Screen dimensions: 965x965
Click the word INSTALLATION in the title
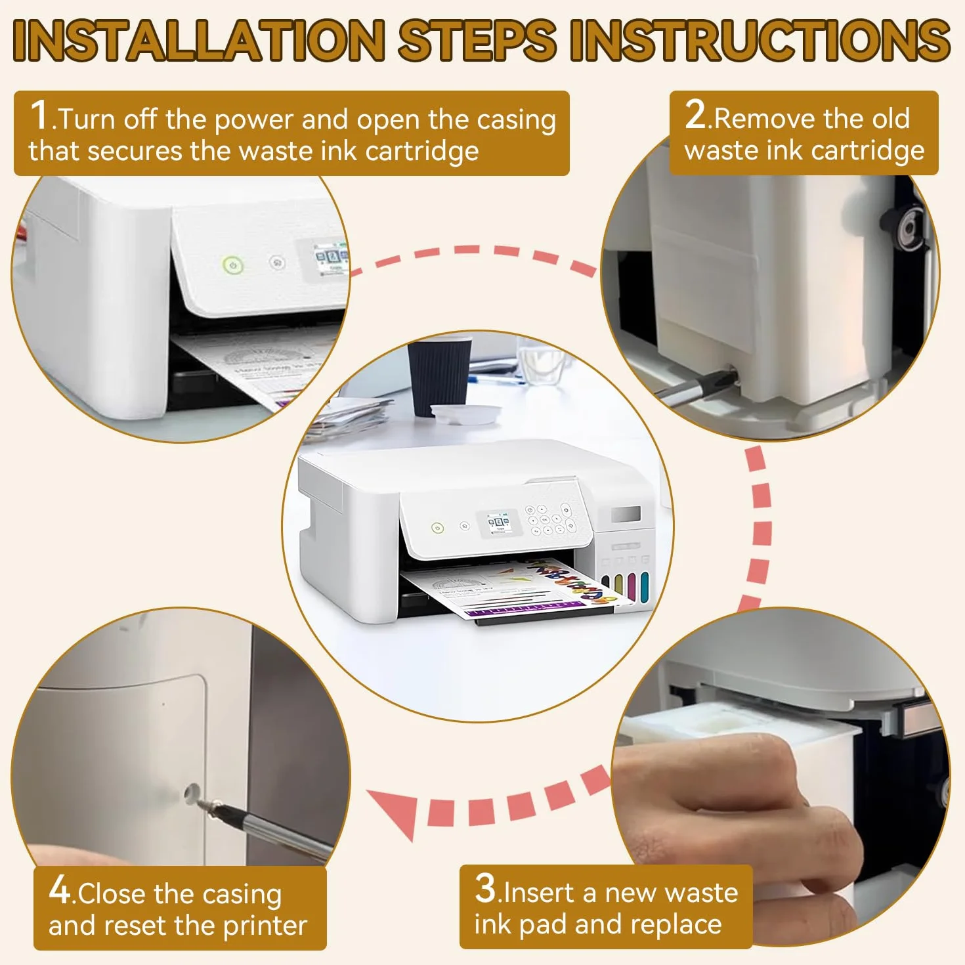click(x=198, y=40)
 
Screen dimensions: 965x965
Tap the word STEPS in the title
click(x=477, y=40)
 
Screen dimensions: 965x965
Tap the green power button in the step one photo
click(x=232, y=265)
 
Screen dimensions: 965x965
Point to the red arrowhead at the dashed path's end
click(x=396, y=807)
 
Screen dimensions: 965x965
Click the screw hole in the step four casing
click(x=191, y=793)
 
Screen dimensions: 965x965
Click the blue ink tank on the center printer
click(x=644, y=586)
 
